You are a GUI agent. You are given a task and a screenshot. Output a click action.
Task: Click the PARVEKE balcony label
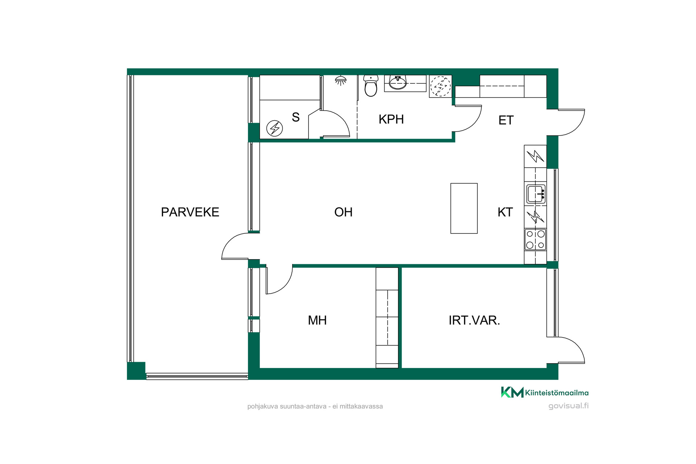click(190, 212)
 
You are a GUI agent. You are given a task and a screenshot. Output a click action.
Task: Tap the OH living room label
click(343, 212)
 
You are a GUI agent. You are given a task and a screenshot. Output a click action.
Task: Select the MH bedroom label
click(317, 320)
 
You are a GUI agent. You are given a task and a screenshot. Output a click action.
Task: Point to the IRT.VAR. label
click(474, 320)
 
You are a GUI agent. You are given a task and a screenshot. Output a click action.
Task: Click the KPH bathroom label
click(391, 119)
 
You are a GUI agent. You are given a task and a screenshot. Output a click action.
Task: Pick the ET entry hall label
click(506, 120)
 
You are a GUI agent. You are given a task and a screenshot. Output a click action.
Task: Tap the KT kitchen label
click(505, 212)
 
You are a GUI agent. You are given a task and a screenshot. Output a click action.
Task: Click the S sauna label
click(296, 117)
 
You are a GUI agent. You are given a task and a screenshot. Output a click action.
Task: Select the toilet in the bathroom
click(371, 86)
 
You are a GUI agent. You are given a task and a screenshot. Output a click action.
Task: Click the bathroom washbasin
click(398, 83)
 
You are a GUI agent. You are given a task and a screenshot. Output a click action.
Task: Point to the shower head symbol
click(340, 80)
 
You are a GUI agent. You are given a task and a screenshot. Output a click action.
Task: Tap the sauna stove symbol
click(275, 128)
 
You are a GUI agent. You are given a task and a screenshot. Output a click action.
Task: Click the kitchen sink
click(535, 194)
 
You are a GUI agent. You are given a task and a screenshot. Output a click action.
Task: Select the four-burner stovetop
click(535, 239)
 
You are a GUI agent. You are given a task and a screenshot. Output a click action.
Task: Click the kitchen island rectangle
click(464, 208)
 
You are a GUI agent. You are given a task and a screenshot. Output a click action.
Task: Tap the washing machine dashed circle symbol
click(440, 86)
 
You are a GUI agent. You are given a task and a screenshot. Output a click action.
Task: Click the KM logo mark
click(512, 392)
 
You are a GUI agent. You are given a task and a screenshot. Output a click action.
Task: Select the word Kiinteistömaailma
click(557, 393)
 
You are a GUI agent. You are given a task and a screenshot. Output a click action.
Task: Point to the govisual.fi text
click(568, 406)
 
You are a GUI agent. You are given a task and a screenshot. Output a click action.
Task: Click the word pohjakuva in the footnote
click(263, 407)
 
